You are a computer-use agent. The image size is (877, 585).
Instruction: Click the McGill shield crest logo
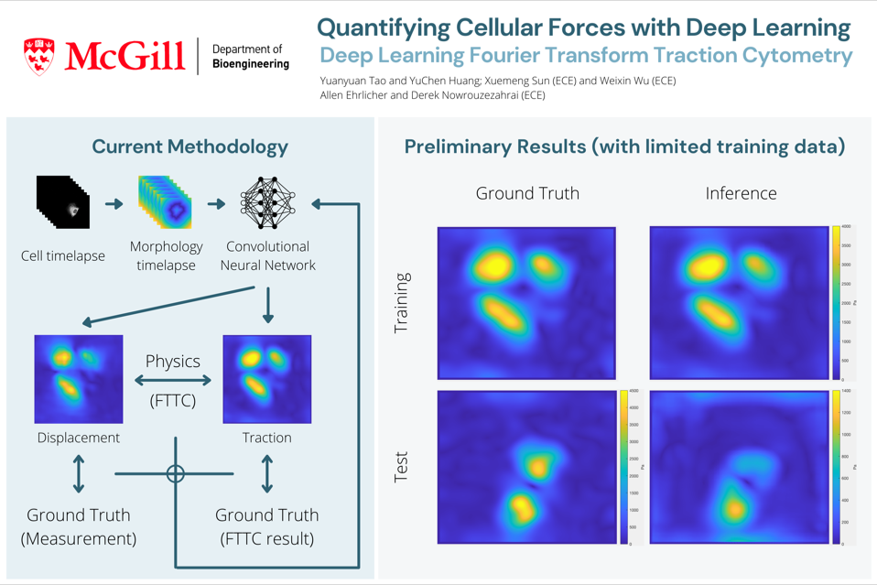38,56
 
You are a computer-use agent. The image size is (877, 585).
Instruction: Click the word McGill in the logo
125,57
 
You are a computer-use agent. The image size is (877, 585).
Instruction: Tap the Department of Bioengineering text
250,57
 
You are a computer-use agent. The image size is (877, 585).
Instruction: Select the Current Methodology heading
189,146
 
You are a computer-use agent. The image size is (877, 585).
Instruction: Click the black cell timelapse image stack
63,202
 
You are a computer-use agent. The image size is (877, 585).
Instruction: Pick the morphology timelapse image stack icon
166,202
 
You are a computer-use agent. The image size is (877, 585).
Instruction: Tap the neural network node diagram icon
267,202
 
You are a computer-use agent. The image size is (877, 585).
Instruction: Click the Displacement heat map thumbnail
79,379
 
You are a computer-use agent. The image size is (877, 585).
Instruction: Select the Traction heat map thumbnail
266,379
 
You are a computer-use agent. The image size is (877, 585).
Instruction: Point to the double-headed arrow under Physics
173,380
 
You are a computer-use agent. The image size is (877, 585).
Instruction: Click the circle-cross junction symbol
176,473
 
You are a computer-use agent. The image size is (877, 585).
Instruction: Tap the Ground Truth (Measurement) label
79,526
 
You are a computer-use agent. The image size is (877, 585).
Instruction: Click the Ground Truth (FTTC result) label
266,526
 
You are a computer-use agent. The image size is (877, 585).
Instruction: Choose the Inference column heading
741,193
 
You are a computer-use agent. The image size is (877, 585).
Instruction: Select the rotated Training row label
401,303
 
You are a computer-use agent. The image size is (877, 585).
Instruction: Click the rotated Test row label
401,467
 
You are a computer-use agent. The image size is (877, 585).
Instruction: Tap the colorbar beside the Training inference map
836,302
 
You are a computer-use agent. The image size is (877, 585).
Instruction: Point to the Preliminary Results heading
624,146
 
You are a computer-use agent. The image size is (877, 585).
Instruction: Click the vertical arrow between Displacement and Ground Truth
79,474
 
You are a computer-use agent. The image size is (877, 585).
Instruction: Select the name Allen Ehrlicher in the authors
362,95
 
